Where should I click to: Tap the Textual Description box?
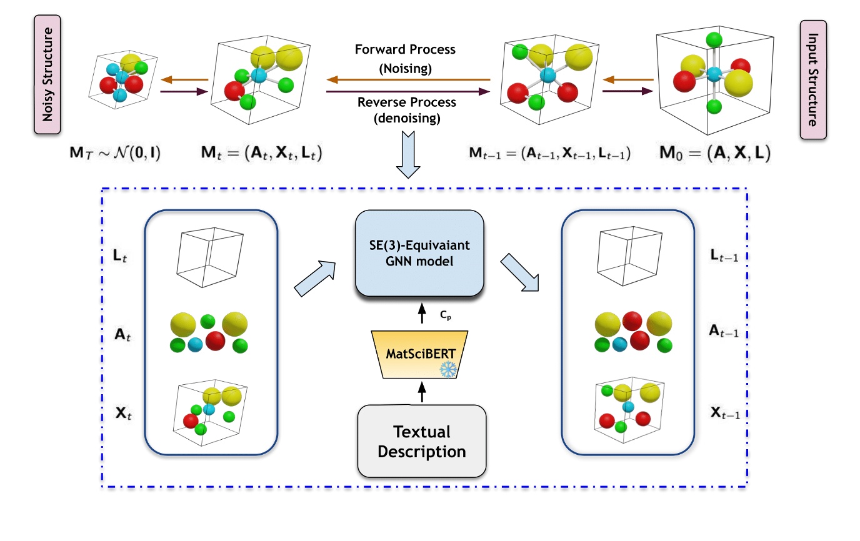[422, 441]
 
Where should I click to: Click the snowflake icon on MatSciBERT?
[449, 369]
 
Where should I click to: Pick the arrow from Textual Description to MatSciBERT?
[422, 393]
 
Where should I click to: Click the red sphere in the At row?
[216, 341]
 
